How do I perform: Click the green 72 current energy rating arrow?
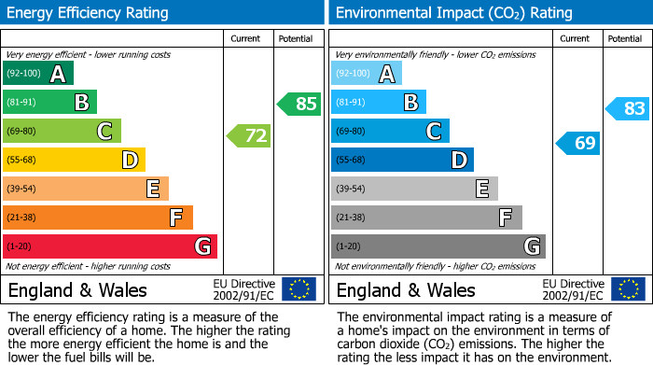[249, 136]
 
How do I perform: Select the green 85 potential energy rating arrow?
[299, 104]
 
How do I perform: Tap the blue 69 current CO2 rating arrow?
[578, 143]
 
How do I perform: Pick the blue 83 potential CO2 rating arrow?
[628, 109]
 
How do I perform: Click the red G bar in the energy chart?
[110, 246]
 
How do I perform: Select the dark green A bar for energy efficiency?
[38, 74]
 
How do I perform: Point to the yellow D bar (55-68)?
[74, 160]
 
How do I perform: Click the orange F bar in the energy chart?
[98, 218]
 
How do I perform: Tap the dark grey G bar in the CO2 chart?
[438, 246]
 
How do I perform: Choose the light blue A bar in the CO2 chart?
[367, 74]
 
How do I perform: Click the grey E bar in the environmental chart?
[414, 189]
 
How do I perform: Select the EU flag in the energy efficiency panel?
[299, 288]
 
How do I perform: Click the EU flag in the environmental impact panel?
[627, 288]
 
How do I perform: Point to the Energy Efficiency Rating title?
[89, 13]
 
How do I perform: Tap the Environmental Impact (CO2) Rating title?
[453, 13]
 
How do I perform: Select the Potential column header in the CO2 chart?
[625, 38]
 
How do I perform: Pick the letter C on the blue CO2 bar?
[434, 131]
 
